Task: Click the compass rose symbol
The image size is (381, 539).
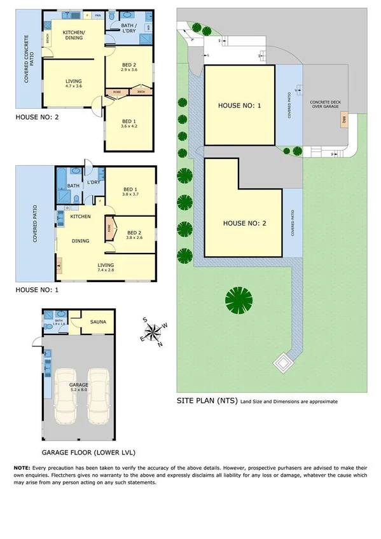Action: (x=153, y=331)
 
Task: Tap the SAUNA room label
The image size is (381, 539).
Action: (x=98, y=322)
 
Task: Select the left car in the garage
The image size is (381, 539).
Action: (x=67, y=395)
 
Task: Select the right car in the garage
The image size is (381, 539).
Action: (x=99, y=395)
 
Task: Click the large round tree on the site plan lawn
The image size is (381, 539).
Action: (x=239, y=298)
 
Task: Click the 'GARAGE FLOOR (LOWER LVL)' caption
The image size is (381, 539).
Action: (x=80, y=454)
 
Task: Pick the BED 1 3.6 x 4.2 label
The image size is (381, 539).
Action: (x=129, y=124)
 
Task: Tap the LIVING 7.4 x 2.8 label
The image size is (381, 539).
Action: (x=106, y=268)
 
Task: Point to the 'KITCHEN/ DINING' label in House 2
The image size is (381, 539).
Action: (x=74, y=35)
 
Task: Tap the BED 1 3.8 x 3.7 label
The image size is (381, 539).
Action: (x=130, y=192)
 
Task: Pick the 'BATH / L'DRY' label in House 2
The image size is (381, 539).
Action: (x=132, y=27)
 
